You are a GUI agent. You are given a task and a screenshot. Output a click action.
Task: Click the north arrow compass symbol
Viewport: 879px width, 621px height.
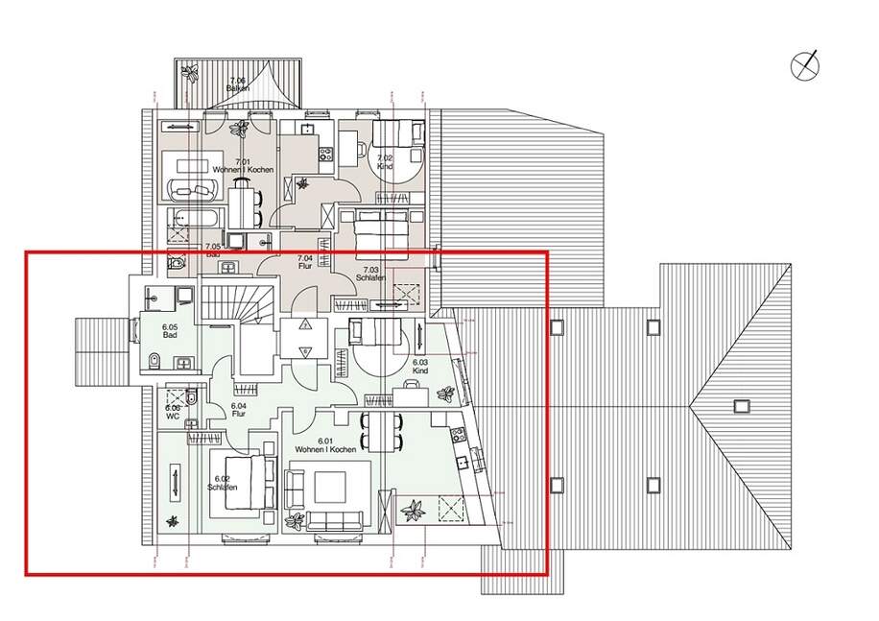[x=805, y=65]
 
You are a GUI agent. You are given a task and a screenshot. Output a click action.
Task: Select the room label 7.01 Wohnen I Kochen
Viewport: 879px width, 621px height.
[x=244, y=165]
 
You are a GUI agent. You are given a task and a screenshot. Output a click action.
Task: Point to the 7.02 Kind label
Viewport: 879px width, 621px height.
[x=385, y=161]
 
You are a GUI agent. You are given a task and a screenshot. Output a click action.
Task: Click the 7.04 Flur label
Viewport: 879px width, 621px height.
[x=305, y=262]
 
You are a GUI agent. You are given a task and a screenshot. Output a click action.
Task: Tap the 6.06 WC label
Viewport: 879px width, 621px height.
[x=172, y=412]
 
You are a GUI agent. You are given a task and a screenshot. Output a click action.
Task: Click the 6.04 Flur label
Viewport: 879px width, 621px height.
[x=239, y=411]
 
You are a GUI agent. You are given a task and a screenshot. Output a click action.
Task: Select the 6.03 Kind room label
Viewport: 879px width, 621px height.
[x=419, y=367]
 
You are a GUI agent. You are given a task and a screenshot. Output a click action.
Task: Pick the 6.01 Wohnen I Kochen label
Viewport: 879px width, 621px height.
[x=326, y=445]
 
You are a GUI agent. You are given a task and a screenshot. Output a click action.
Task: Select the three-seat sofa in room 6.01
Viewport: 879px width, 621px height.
[x=335, y=519]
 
